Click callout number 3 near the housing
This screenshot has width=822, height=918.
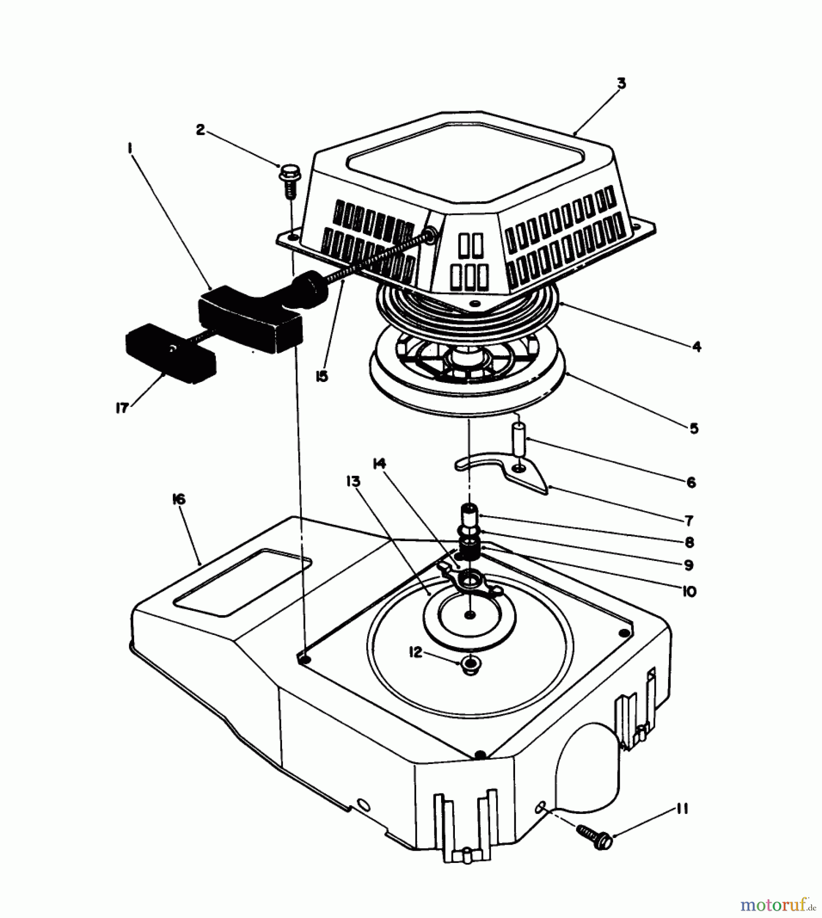point(621,84)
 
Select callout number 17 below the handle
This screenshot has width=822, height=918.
point(121,408)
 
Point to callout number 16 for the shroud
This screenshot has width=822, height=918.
point(179,499)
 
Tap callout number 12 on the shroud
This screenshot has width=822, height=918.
point(416,652)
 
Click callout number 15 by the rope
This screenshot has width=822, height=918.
point(322,377)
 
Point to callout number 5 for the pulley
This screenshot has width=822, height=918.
point(693,428)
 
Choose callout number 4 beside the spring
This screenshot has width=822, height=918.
point(697,347)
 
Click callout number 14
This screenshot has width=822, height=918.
point(379,464)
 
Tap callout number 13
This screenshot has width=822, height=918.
point(353,481)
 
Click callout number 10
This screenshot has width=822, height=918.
point(688,591)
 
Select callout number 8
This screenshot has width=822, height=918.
point(689,542)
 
